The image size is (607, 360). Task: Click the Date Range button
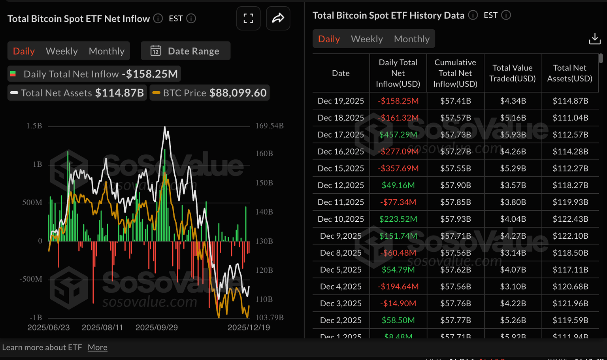pyautogui.click(x=185, y=51)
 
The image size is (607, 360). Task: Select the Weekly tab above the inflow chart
pyautogui.click(x=62, y=51)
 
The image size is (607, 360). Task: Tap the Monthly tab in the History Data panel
pyautogui.click(x=411, y=39)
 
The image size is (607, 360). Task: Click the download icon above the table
pyautogui.click(x=594, y=39)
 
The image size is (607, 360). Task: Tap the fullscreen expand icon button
pyautogui.click(x=248, y=18)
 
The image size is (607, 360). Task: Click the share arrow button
pyautogui.click(x=278, y=18)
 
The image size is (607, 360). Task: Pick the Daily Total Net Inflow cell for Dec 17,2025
pyautogui.click(x=398, y=135)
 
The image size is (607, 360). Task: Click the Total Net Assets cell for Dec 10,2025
pyautogui.click(x=570, y=219)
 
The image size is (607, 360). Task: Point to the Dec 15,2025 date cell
pyautogui.click(x=341, y=168)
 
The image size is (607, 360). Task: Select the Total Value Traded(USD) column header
pyautogui.click(x=512, y=73)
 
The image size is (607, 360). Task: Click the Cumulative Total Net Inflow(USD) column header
pyautogui.click(x=455, y=73)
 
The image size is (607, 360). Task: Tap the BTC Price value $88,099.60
pyautogui.click(x=238, y=93)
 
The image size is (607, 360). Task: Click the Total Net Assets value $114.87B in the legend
pyautogui.click(x=119, y=93)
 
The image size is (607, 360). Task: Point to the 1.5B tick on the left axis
pyautogui.click(x=34, y=126)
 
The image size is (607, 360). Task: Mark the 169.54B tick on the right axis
pyautogui.click(x=270, y=126)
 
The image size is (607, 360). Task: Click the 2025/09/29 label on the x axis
pyautogui.click(x=156, y=328)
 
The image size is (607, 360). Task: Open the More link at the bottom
pyautogui.click(x=97, y=347)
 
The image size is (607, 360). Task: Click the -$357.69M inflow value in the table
pyautogui.click(x=398, y=168)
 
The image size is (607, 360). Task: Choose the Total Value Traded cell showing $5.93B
pyautogui.click(x=513, y=135)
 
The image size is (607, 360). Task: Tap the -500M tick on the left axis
pyautogui.click(x=31, y=279)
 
